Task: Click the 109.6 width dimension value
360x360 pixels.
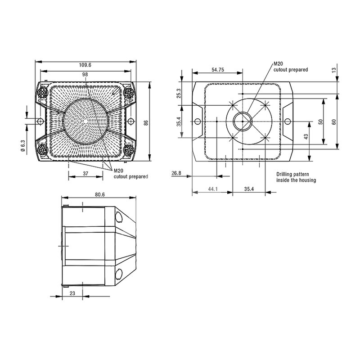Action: point(85,65)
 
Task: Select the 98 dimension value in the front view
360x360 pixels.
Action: point(85,74)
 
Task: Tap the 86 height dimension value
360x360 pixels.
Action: point(146,122)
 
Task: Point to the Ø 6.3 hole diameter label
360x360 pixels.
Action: point(22,146)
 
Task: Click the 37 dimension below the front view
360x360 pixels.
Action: point(85,174)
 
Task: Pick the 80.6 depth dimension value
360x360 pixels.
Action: point(100,194)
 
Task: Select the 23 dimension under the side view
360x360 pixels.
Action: point(72,293)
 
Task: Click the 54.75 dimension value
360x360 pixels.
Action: point(218,70)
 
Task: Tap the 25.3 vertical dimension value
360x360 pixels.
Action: point(179,93)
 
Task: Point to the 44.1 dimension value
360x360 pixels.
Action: point(213,189)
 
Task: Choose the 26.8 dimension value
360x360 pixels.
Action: point(176,173)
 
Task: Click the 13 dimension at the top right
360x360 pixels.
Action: point(334,70)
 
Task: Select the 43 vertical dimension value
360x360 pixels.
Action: point(306,137)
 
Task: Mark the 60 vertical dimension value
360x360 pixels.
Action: point(334,121)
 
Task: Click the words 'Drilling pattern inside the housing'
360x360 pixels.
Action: point(296,177)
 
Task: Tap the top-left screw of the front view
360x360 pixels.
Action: point(42,93)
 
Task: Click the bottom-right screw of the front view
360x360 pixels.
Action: point(129,150)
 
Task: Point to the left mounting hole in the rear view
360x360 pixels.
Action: point(198,121)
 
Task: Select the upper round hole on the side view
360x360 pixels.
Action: point(119,217)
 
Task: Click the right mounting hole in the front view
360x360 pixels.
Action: point(130,121)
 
